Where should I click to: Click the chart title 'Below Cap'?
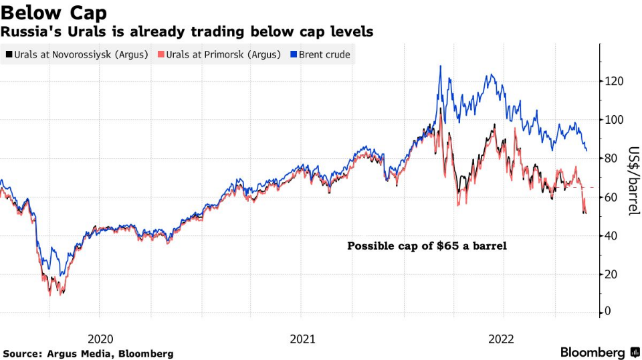coord(53,12)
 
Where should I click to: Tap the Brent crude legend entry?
coord(324,54)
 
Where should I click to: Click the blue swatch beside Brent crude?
coord(293,54)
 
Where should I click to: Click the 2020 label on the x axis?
coord(99,339)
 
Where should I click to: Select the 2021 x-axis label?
coord(302,339)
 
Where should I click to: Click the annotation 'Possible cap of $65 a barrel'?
coord(427,246)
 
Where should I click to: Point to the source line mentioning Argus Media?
coord(88,353)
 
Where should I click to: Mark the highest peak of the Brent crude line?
coord(440,66)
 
